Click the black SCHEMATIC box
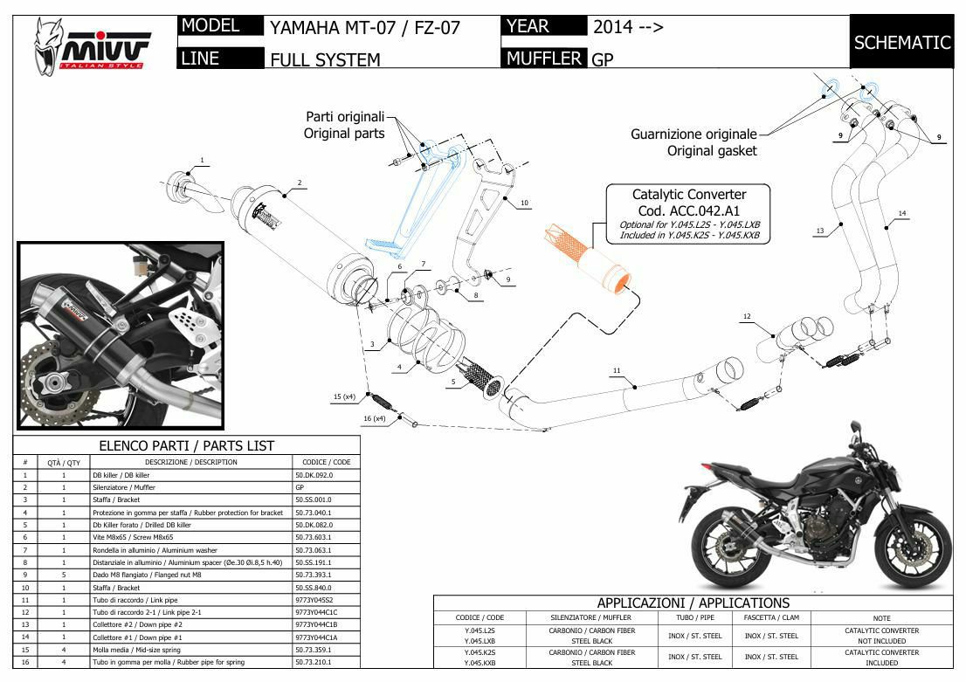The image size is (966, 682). click(x=901, y=42)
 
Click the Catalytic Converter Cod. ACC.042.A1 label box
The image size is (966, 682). click(x=689, y=213)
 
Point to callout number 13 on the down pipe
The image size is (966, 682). click(x=820, y=231)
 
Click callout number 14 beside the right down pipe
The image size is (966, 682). click(x=902, y=213)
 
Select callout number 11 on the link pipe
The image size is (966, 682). click(x=617, y=371)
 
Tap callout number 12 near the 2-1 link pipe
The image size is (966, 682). click(x=747, y=316)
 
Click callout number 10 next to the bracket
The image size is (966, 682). click(x=524, y=203)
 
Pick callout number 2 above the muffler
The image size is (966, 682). click(x=299, y=183)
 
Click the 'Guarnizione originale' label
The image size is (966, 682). click(x=693, y=134)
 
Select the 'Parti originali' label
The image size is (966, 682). click(x=344, y=116)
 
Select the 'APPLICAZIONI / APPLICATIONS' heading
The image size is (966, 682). click(x=693, y=603)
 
